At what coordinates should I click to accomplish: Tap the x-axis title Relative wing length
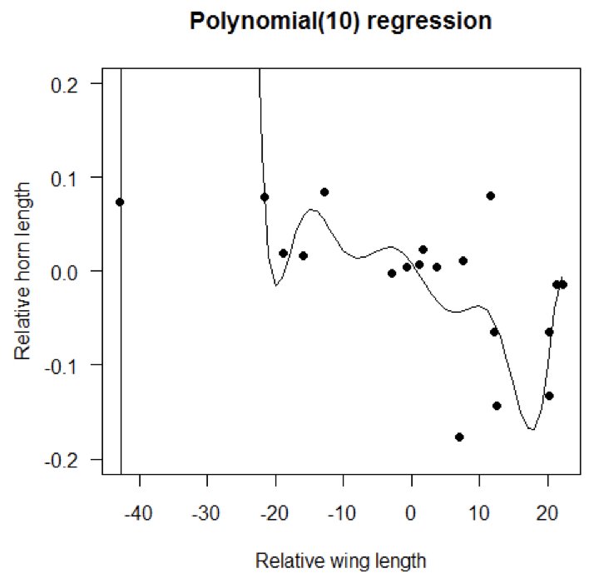click(x=340, y=560)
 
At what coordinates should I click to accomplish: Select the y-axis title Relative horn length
click(x=24, y=271)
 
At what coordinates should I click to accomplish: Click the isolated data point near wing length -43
click(x=120, y=202)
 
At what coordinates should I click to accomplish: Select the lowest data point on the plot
click(x=459, y=437)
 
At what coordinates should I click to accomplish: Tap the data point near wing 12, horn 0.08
click(x=491, y=195)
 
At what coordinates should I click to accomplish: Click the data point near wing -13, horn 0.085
click(x=324, y=192)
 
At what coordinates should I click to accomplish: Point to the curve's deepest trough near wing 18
click(x=531, y=429)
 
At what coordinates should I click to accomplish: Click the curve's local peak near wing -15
click(x=311, y=210)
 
